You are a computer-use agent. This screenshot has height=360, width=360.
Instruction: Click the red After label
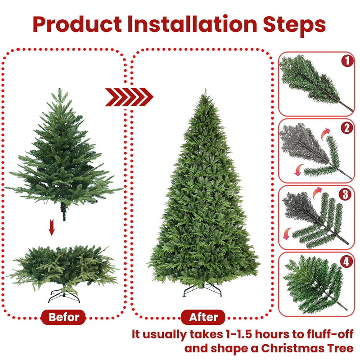(x=203, y=317)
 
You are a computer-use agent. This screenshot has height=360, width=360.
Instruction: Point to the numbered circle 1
(x=346, y=61)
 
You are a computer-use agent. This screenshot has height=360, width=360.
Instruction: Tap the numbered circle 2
(x=346, y=128)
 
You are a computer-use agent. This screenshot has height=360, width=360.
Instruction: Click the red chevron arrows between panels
(x=129, y=97)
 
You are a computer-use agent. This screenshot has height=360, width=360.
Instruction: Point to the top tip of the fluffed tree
(x=205, y=91)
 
